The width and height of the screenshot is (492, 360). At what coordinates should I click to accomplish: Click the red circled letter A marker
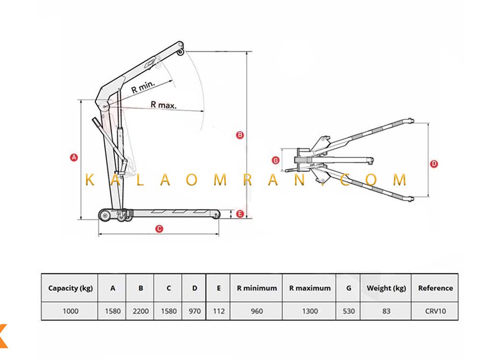click(74, 157)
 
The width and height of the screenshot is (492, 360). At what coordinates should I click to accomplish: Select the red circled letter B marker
click(240, 135)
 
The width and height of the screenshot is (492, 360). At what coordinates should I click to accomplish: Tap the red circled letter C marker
click(160, 228)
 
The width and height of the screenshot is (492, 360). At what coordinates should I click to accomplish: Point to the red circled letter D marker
click(434, 163)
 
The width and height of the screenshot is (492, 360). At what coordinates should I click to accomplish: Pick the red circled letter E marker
click(240, 214)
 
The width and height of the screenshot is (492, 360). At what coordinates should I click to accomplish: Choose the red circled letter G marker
click(275, 160)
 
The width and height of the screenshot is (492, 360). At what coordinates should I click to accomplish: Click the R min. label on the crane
click(143, 87)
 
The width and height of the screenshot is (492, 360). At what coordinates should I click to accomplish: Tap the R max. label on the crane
click(163, 105)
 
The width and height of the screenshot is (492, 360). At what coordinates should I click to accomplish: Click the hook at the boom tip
click(180, 51)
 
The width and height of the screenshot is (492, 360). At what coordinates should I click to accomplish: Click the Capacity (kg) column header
click(70, 288)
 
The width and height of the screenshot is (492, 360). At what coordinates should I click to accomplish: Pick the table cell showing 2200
click(141, 311)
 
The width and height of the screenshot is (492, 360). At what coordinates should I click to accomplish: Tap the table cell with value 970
click(195, 311)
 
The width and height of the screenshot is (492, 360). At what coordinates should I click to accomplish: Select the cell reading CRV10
click(435, 311)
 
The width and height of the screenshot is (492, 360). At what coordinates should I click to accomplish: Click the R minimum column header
click(257, 288)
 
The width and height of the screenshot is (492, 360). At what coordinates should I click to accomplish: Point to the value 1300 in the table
click(310, 311)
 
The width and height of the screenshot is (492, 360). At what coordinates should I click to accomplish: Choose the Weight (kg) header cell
click(386, 288)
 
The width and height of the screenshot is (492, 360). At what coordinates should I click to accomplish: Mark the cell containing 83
click(386, 311)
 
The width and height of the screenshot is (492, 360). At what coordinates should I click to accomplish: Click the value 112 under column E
click(219, 311)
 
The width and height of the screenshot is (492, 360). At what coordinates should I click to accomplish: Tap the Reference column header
click(435, 288)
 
